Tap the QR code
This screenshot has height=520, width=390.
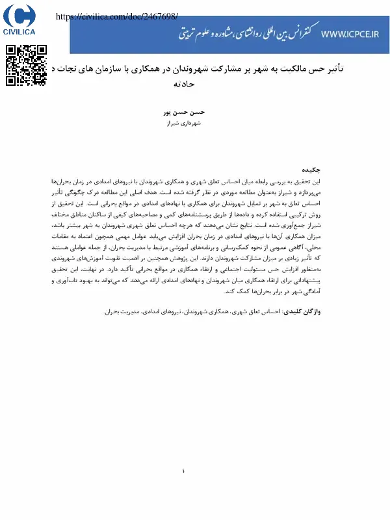click(27, 65)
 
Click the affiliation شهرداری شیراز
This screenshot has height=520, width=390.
click(195, 122)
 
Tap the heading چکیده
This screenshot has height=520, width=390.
click(331, 170)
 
